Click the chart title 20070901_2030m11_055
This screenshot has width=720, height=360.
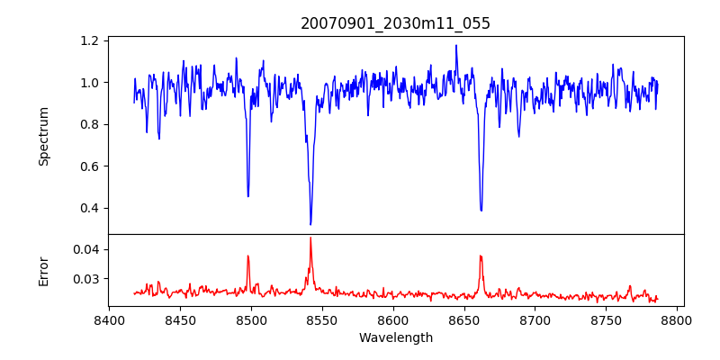(x=395, y=23)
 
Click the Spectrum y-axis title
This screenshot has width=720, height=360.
(x=43, y=136)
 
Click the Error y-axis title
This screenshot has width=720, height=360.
(x=43, y=270)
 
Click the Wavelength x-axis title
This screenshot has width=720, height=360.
(x=395, y=338)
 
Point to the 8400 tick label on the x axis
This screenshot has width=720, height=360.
(x=109, y=320)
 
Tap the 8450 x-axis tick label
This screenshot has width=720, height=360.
(x=180, y=320)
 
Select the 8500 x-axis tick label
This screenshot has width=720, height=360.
(x=251, y=320)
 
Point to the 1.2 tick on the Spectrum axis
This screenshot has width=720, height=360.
(x=90, y=40)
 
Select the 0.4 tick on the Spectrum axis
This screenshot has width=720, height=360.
(x=90, y=208)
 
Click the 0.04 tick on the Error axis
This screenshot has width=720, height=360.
(x=86, y=249)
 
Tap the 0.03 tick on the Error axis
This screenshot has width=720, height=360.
(x=86, y=279)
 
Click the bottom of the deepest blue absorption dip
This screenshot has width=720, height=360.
(x=310, y=224)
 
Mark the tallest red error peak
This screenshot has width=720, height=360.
(x=310, y=238)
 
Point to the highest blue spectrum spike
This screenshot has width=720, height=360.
(x=456, y=45)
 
